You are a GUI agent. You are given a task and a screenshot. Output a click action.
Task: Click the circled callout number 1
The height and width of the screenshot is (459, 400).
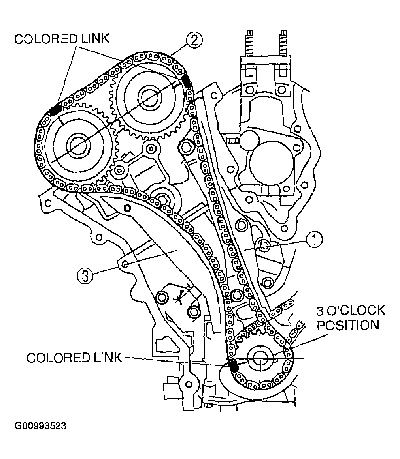(315, 240)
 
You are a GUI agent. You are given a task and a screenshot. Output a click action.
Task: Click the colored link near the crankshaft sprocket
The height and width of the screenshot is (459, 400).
(234, 365)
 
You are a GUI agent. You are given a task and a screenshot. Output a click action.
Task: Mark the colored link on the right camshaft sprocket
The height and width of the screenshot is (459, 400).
(187, 80)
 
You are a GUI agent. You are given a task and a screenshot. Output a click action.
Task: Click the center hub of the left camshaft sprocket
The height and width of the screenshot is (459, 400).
(76, 144)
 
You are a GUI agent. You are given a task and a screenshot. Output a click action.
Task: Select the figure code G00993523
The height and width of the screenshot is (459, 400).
(40, 426)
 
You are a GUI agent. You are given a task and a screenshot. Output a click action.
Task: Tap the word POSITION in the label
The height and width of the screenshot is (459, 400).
(348, 326)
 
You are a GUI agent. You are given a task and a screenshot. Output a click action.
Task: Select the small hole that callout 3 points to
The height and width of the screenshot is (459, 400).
(125, 264)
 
